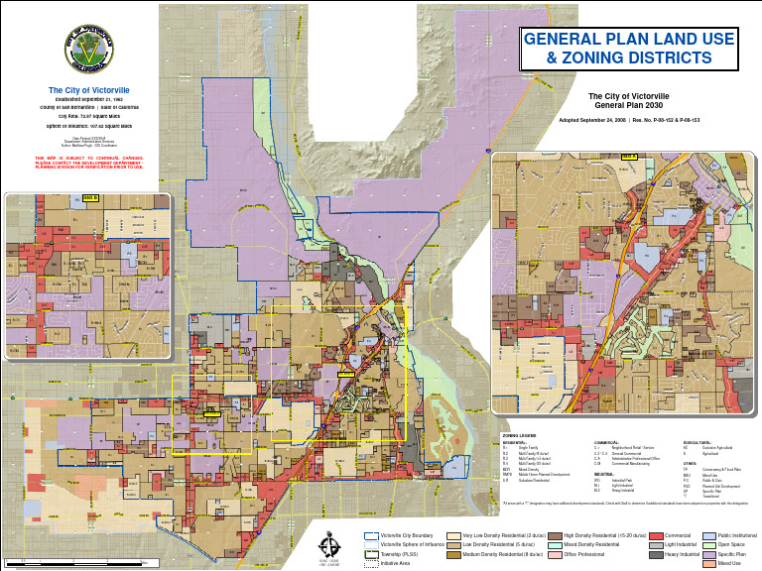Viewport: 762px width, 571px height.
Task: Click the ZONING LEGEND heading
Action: click(519, 435)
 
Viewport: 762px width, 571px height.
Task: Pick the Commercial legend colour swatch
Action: click(656, 535)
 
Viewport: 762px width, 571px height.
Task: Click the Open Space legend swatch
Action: click(708, 544)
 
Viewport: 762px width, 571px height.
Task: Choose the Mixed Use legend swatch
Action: click(708, 564)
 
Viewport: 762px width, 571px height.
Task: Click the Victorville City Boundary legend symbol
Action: click(371, 535)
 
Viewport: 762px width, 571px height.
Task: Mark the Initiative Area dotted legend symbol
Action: click(371, 563)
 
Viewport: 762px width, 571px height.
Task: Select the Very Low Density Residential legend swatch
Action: click(453, 535)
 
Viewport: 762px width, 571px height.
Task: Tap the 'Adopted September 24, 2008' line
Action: click(593, 119)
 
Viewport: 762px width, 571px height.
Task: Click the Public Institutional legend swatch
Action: click(708, 535)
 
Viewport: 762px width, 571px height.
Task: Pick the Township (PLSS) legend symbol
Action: click(371, 554)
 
